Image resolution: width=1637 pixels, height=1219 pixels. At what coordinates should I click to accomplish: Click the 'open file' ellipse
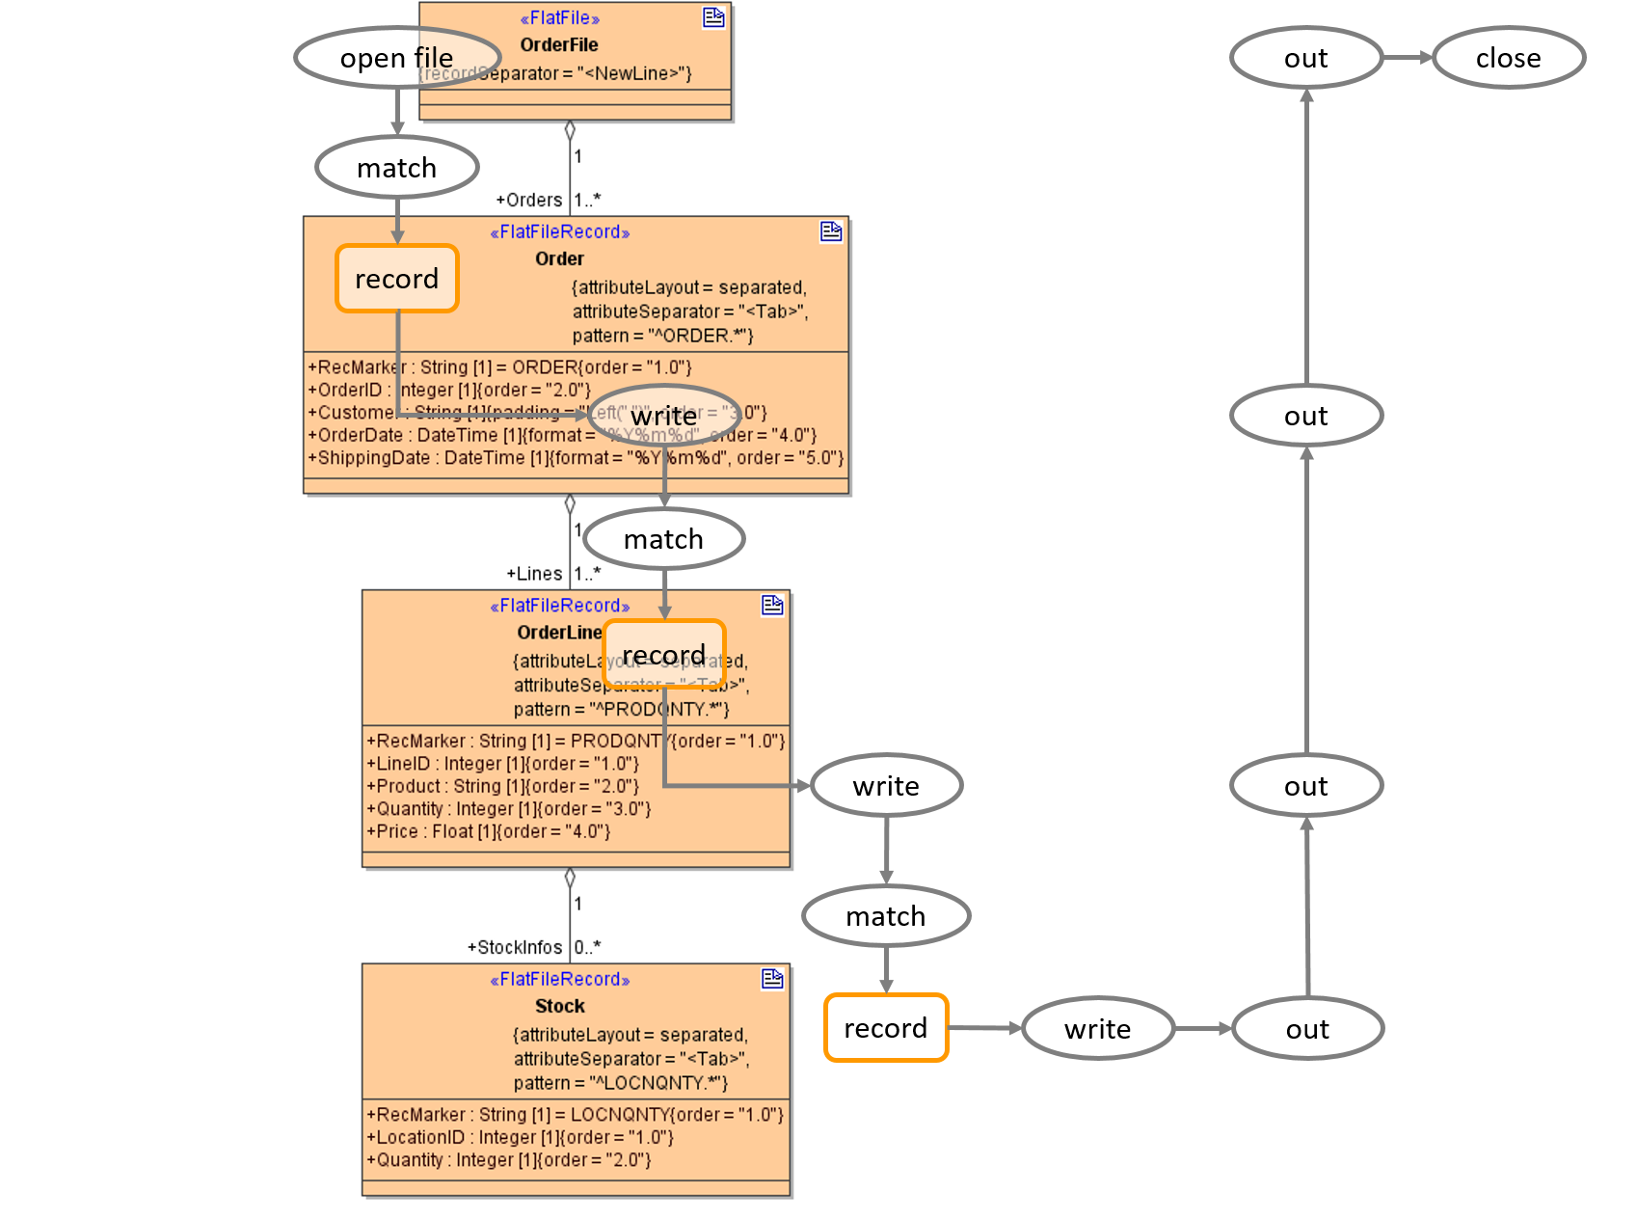click(396, 58)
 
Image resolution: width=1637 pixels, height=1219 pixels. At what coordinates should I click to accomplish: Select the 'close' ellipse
click(1509, 58)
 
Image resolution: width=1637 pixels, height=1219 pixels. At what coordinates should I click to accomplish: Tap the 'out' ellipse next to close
click(1306, 58)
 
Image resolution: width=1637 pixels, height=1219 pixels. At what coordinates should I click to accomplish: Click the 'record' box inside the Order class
click(396, 279)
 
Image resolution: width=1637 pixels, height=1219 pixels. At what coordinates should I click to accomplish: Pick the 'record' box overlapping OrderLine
click(663, 655)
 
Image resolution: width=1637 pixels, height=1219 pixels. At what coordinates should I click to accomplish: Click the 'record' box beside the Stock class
click(886, 1028)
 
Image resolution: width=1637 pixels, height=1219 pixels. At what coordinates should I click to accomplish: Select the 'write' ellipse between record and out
click(1097, 1029)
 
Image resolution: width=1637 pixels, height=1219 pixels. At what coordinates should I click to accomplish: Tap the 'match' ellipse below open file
click(396, 168)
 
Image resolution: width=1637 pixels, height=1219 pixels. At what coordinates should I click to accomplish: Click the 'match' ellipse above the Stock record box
click(886, 916)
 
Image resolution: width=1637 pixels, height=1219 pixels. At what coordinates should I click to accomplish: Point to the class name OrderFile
click(559, 45)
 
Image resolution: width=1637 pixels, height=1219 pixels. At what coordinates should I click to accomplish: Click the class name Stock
click(560, 1006)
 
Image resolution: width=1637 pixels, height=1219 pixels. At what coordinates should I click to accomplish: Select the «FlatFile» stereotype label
click(560, 18)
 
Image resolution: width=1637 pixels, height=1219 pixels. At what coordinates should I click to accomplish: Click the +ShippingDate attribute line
click(576, 458)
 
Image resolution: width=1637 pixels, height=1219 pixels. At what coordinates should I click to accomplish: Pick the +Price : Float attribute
click(488, 831)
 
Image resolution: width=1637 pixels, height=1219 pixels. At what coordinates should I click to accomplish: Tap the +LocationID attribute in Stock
click(520, 1137)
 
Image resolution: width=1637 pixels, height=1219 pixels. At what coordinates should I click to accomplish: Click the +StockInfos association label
click(514, 947)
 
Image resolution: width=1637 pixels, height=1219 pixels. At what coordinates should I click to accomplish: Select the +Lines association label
click(534, 574)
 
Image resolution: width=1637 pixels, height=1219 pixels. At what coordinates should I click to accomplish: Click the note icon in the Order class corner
click(830, 231)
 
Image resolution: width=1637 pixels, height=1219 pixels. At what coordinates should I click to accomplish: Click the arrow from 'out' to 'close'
click(1409, 58)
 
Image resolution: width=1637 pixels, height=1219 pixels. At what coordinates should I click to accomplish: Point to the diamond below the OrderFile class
click(570, 130)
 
